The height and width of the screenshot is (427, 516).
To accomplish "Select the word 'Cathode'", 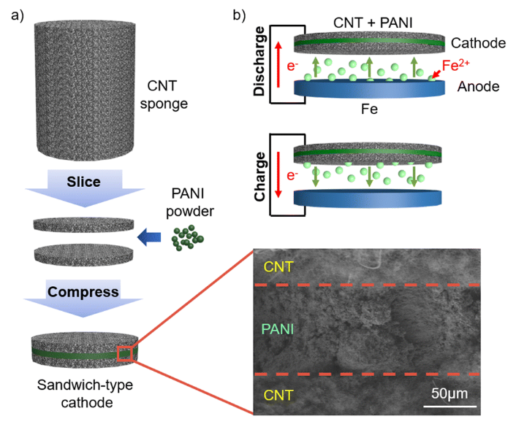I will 478,43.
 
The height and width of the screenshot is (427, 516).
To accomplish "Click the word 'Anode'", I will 478,86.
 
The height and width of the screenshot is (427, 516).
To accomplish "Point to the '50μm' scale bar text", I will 448,395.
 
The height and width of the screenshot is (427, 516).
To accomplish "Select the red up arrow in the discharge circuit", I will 278,69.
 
